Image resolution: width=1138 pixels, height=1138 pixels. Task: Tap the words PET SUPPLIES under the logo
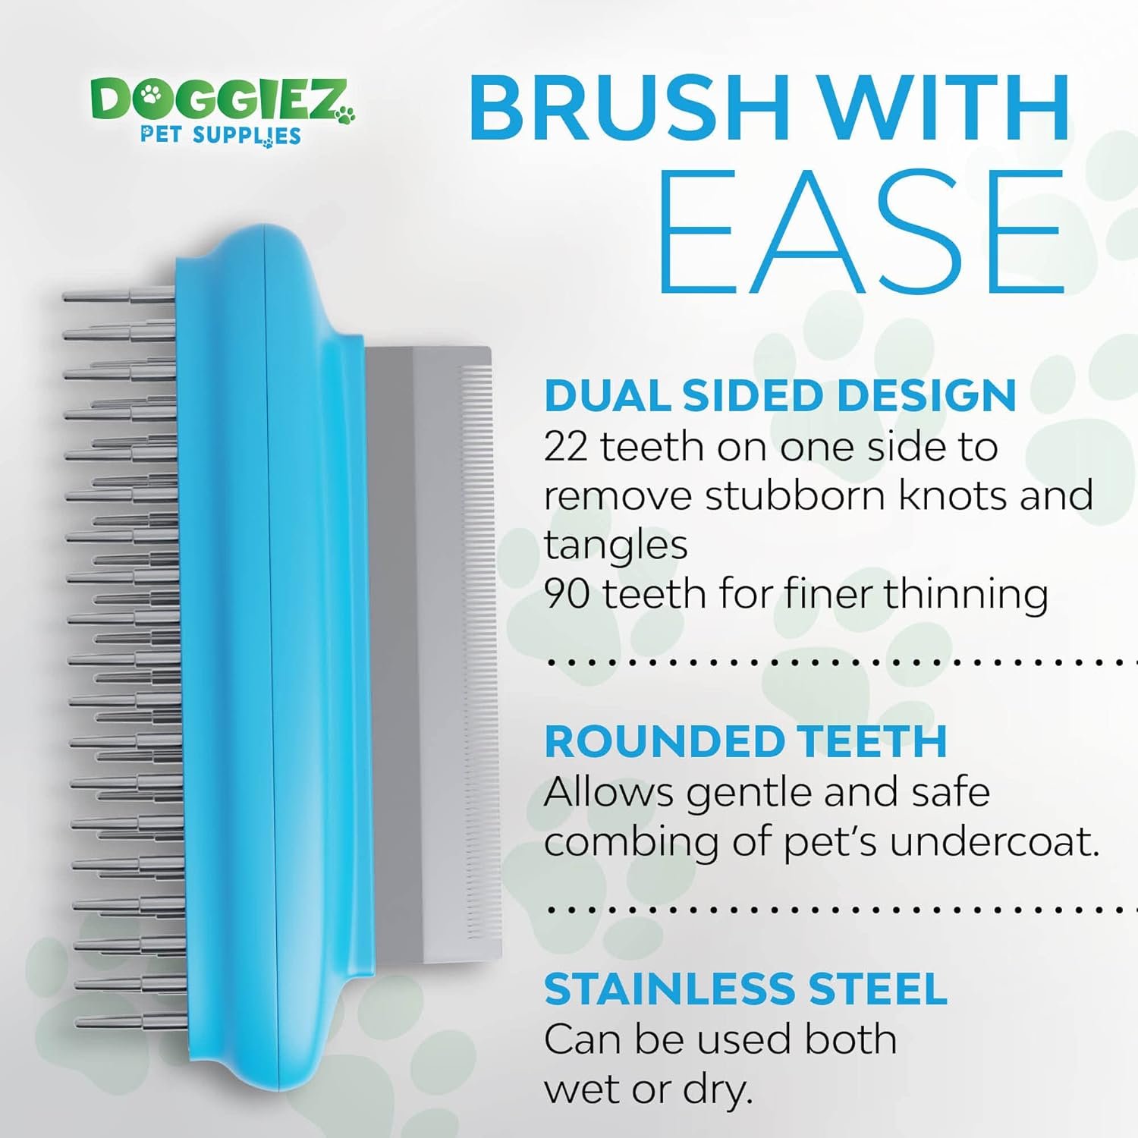click(x=221, y=136)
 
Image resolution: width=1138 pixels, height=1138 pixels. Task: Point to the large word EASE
click(x=861, y=231)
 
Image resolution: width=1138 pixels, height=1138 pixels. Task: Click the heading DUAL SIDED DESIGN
click(x=780, y=395)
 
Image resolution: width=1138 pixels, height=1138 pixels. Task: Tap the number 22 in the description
click(x=565, y=447)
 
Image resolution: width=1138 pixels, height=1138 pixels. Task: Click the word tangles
click(x=615, y=545)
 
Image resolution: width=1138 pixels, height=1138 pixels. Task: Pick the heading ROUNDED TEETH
click(x=746, y=741)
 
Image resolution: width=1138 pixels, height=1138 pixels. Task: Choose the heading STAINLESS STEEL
click(x=746, y=989)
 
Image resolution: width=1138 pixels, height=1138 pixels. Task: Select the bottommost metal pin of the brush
click(x=129, y=1022)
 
